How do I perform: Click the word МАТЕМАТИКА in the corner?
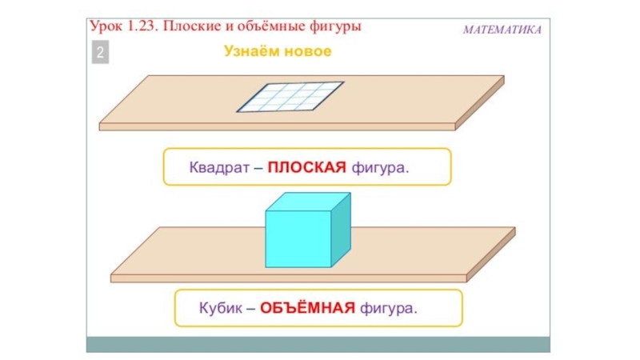[502, 30]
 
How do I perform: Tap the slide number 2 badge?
[101, 54]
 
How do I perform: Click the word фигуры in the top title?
[337, 26]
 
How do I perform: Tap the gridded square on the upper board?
[290, 97]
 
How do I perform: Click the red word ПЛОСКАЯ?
[306, 168]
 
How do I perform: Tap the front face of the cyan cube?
[298, 238]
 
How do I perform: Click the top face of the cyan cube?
[309, 202]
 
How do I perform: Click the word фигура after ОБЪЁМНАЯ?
[390, 309]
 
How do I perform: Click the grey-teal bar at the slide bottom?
[318, 344]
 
